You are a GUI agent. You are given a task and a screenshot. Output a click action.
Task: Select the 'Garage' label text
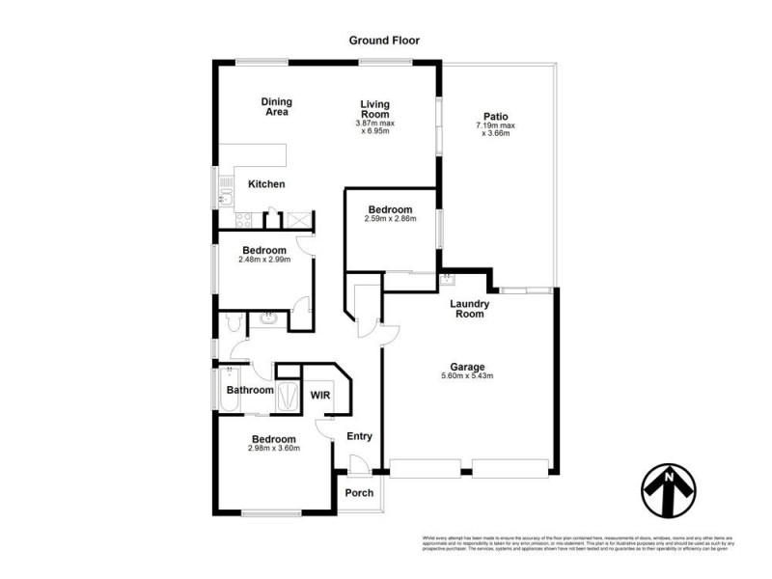coord(466,367)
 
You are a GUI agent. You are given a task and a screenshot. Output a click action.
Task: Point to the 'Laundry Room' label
coord(471,309)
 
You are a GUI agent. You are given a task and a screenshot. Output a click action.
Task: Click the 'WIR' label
coord(319,395)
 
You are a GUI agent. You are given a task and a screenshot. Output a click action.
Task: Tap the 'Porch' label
coord(359,493)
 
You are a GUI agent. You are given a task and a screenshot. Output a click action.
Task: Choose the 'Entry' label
coord(359,436)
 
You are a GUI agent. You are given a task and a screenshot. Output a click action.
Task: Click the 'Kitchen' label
coord(266,184)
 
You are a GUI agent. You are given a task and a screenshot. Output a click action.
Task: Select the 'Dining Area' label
coord(277,106)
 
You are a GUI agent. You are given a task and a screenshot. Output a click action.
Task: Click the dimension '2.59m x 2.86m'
coord(391,220)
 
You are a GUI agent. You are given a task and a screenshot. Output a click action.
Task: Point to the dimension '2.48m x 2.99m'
coord(263,259)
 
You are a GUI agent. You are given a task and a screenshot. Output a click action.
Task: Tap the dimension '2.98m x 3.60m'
coord(275,448)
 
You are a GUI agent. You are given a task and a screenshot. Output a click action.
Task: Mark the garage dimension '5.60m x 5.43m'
coord(466,376)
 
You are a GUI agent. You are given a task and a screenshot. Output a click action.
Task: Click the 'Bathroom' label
coord(248,391)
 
